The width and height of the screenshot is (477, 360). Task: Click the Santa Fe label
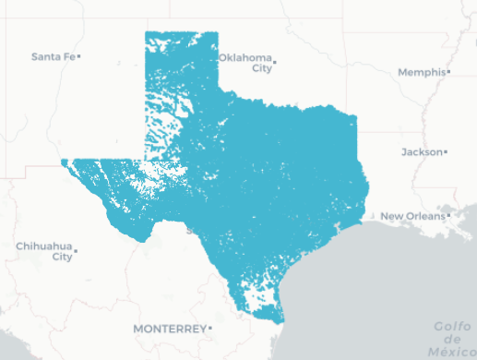click(52, 56)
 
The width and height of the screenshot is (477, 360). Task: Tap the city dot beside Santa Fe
click(80, 56)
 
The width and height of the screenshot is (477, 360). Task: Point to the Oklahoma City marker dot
click(275, 63)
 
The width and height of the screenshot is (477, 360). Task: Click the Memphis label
click(421, 72)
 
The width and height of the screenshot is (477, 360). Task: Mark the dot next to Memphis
click(447, 71)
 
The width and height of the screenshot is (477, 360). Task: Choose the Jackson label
click(421, 151)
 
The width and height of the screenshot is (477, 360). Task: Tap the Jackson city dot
click(446, 151)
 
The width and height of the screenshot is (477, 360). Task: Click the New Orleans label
click(411, 216)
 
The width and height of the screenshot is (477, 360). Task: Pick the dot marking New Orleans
click(447, 215)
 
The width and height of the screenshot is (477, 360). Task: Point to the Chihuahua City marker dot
click(76, 250)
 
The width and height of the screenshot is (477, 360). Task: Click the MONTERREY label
click(169, 329)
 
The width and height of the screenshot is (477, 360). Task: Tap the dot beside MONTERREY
click(210, 328)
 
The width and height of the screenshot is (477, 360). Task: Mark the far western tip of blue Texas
click(62, 162)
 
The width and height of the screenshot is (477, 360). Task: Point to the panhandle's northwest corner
click(146, 32)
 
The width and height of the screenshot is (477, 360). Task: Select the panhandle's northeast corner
click(218, 32)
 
